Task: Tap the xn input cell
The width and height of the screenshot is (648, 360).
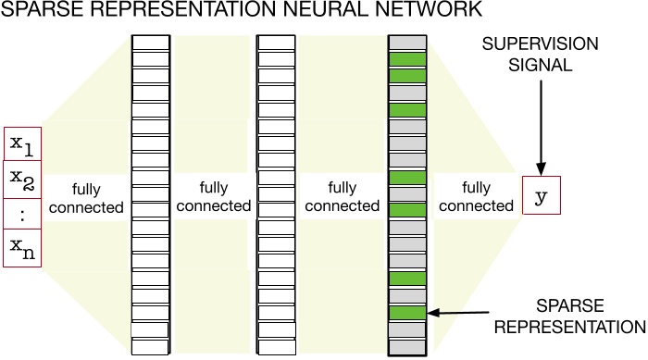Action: point(23,249)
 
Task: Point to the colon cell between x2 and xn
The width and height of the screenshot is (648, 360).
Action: point(23,212)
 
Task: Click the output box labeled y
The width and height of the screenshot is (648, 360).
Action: point(542,195)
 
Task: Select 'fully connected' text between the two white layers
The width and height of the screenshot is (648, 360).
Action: point(214,195)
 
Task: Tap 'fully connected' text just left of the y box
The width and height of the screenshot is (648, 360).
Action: point(477,195)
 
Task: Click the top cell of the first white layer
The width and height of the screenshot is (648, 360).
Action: point(151,43)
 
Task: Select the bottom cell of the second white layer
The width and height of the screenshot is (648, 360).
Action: point(275,346)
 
